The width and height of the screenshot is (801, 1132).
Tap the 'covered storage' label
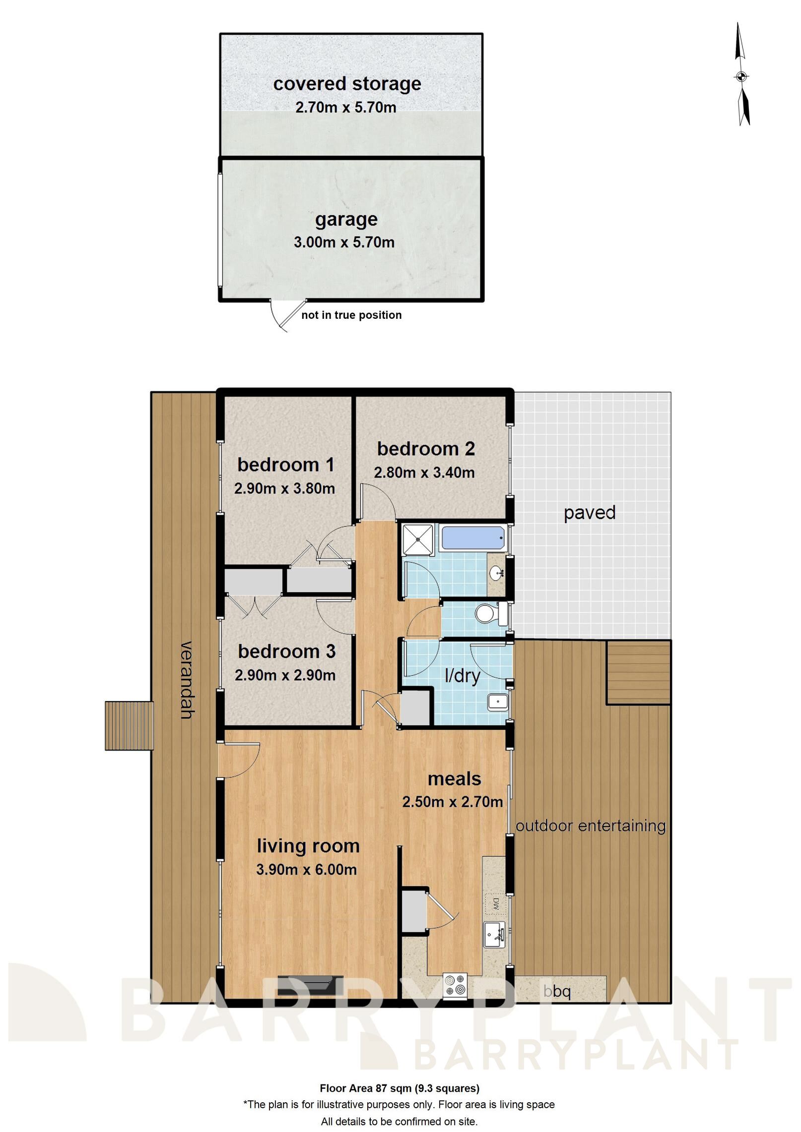coord(347,84)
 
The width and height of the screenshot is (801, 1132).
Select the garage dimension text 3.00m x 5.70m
coord(344,242)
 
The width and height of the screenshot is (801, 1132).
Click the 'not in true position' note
coord(351,315)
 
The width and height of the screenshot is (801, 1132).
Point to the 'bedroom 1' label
coord(285,465)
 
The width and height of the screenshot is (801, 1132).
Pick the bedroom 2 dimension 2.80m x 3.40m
coord(424,473)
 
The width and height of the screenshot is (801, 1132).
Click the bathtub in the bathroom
coord(472,537)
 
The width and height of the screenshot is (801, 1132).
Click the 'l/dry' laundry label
coord(462,676)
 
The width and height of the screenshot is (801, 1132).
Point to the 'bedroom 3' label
coord(286,652)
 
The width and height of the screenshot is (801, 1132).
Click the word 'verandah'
coord(186,680)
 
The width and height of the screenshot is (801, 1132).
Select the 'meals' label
coord(454,779)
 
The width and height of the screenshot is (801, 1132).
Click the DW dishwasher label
coord(495,904)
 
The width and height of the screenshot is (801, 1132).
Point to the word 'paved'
coord(589,513)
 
